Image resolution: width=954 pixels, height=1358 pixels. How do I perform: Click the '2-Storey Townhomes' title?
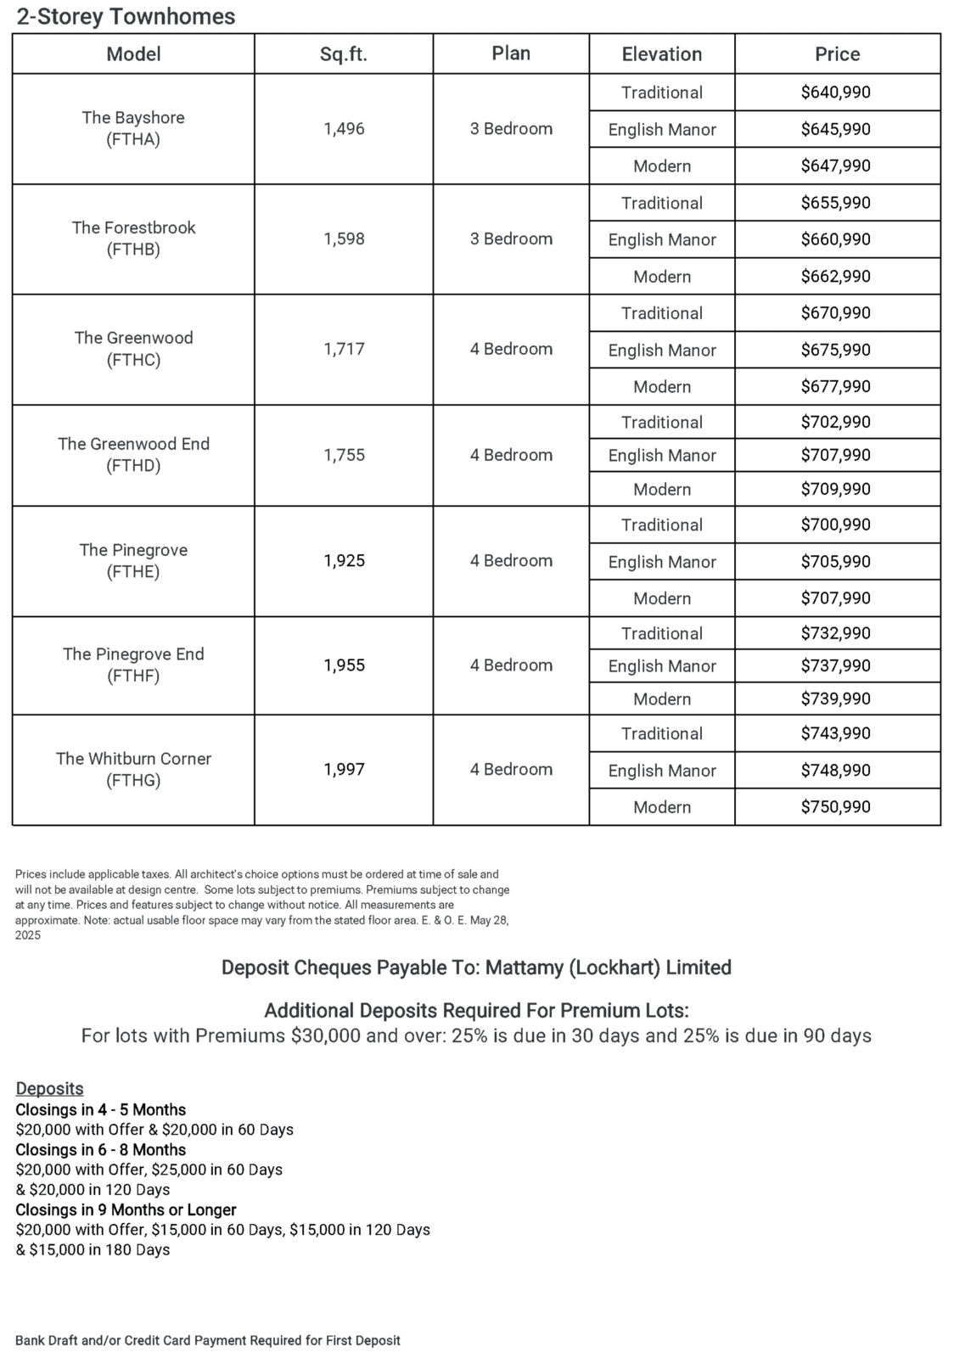[126, 16]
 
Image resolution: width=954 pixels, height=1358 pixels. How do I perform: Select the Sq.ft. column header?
[344, 54]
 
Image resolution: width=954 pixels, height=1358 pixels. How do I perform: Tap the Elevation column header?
[662, 54]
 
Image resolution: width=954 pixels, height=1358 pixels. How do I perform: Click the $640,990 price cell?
[836, 93]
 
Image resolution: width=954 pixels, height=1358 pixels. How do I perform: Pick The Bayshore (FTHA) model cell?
[133, 128]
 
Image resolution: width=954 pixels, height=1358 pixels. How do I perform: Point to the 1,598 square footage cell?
[344, 238]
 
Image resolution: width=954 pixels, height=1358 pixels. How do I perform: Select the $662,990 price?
[836, 276]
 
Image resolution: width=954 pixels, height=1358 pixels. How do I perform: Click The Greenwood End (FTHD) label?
[133, 454]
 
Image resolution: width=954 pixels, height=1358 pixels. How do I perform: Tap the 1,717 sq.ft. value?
[344, 349]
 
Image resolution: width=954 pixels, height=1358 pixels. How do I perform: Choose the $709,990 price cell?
[836, 489]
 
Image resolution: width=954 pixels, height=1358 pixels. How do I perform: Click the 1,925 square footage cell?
[344, 560]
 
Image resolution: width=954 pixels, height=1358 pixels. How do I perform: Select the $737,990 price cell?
[836, 665]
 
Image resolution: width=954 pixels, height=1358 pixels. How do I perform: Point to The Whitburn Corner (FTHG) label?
[133, 769]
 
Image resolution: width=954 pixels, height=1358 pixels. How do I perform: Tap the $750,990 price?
[836, 806]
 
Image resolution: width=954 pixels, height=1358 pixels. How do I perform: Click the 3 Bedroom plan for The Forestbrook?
[511, 238]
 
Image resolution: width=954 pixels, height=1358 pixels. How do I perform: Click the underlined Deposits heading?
[49, 1088]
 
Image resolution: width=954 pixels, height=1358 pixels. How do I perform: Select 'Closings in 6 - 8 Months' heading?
[100, 1149]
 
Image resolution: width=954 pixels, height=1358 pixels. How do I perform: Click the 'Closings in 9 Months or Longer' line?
[126, 1209]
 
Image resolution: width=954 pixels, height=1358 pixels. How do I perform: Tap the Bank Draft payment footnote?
[207, 1340]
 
